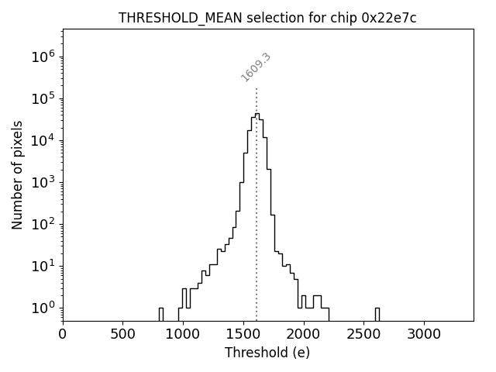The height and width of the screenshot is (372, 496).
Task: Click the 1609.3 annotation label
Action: click(x=256, y=67)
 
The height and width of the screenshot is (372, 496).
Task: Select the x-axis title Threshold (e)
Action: click(x=267, y=353)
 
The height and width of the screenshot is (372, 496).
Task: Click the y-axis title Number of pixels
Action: click(x=17, y=174)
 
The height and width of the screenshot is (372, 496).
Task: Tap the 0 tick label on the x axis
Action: click(x=63, y=334)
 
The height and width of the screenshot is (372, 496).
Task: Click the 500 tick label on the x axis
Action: click(x=122, y=334)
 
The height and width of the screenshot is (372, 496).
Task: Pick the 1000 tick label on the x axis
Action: click(x=183, y=334)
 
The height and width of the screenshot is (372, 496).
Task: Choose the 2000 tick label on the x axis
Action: click(x=303, y=334)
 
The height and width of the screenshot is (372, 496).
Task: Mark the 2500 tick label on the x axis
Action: click(x=363, y=334)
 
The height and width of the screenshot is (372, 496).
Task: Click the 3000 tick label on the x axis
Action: click(x=423, y=334)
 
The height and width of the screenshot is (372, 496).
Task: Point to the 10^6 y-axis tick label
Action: click(x=43, y=57)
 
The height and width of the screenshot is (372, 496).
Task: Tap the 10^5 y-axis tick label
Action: click(x=43, y=98)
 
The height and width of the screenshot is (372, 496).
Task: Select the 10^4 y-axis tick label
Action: click(x=43, y=140)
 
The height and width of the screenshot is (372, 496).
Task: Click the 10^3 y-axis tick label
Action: click(x=43, y=182)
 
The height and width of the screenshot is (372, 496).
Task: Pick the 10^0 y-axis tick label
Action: click(x=43, y=308)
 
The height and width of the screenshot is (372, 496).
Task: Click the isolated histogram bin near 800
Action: click(x=160, y=314)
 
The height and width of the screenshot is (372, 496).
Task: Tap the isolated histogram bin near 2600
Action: click(x=377, y=314)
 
